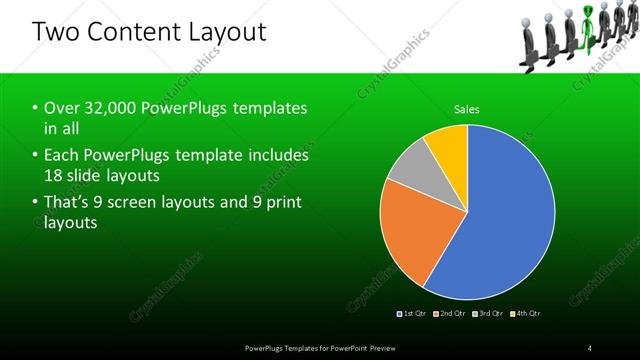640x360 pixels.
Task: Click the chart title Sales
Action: (x=467, y=109)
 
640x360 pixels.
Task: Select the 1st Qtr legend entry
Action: (x=414, y=313)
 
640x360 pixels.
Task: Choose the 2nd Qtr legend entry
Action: (x=452, y=313)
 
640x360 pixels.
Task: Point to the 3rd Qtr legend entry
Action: (x=489, y=313)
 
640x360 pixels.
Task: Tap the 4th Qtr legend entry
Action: (x=527, y=313)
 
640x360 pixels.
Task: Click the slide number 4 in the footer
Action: (x=590, y=348)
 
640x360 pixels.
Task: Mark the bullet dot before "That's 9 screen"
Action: (x=35, y=203)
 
